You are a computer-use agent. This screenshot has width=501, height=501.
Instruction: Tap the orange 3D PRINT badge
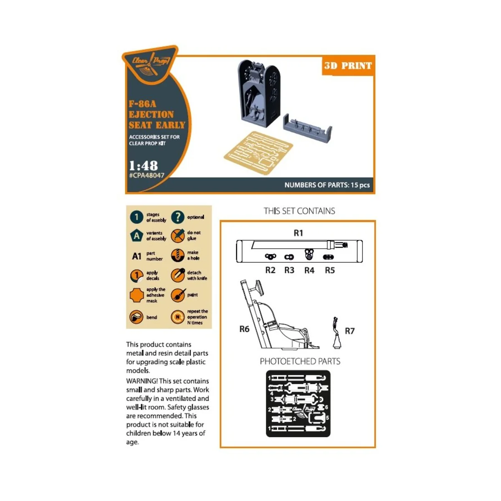(x=348, y=66)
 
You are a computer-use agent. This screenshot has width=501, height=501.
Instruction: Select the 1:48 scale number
(x=143, y=165)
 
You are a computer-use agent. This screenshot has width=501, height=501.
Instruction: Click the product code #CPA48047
(x=147, y=176)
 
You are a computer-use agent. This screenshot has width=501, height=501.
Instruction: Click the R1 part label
(x=298, y=233)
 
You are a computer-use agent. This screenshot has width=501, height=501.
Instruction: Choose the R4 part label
(x=309, y=270)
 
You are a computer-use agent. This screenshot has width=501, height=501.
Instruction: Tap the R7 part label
(x=349, y=331)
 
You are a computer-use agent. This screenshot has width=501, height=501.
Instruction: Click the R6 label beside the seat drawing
(x=244, y=329)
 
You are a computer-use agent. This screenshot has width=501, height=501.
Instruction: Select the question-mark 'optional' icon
(x=178, y=217)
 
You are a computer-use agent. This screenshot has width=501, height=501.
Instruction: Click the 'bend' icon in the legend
(x=137, y=317)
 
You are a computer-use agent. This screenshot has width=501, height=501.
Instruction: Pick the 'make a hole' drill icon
(x=178, y=256)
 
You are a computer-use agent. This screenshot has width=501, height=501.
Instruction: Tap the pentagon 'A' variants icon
(x=137, y=236)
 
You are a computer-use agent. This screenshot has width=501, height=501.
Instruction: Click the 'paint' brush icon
(x=178, y=295)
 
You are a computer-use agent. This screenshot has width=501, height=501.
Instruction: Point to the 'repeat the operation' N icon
(x=178, y=317)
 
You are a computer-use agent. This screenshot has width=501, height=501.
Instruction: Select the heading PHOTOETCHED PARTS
(x=300, y=362)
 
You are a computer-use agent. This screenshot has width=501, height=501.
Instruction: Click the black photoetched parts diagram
(x=298, y=404)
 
